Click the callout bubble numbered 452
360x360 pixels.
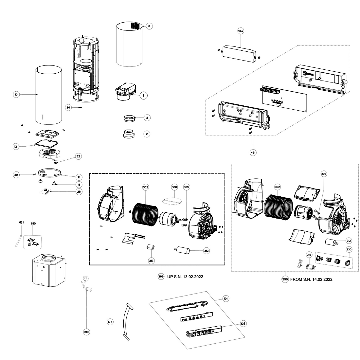point(241,31)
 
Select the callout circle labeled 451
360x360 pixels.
point(253,153)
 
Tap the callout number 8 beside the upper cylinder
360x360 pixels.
point(149,26)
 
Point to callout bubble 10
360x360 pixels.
point(16,95)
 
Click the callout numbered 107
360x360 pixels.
point(110,322)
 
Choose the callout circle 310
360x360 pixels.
point(86,332)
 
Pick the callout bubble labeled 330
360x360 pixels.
point(349,250)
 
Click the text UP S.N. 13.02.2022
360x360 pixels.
point(185,277)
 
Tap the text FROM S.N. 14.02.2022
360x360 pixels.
point(311,279)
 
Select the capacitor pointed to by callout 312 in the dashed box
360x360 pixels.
point(182,250)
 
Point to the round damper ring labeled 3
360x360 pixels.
point(129,118)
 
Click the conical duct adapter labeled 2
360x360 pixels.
point(129,134)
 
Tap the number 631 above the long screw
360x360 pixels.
point(21,222)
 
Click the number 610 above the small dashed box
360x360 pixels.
point(33,224)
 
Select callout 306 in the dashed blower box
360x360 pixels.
point(174,187)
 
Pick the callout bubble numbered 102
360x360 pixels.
point(243,324)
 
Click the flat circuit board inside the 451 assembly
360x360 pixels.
point(284,99)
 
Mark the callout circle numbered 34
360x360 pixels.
point(68,107)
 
